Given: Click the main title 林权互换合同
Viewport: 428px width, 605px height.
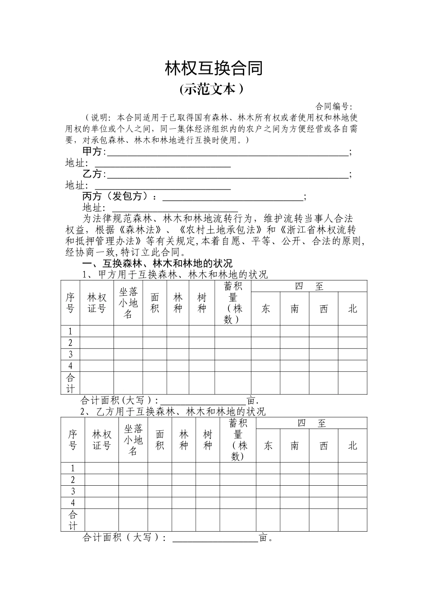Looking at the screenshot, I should pyautogui.click(x=214, y=68).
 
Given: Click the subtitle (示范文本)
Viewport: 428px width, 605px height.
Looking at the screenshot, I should pyautogui.click(x=211, y=89).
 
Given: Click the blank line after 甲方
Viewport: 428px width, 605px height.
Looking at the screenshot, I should pyautogui.click(x=227, y=152).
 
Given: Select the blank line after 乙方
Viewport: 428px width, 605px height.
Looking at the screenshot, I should pyautogui.click(x=227, y=174).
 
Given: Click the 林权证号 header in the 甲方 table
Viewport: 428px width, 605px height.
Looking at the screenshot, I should pyautogui.click(x=97, y=303).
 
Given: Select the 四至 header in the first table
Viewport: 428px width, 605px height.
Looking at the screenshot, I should pyautogui.click(x=309, y=286).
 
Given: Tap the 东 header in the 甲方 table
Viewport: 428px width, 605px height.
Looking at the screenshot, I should pyautogui.click(x=266, y=309).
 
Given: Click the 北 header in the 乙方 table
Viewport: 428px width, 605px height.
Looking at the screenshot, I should pyautogui.click(x=352, y=446).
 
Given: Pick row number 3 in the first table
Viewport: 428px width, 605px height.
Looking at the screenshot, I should pyautogui.click(x=71, y=354).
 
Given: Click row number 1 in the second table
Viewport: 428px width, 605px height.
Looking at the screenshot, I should pyautogui.click(x=73, y=469).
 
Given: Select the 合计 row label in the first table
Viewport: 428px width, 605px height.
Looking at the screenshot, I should pyautogui.click(x=71, y=383).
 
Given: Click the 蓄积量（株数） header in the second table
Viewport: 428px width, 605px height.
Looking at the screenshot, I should pyautogui.click(x=238, y=440).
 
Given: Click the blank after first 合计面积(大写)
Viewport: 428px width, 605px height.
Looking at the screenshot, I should pyautogui.click(x=204, y=400).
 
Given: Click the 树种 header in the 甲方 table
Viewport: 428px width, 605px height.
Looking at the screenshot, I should pyautogui.click(x=202, y=303).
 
